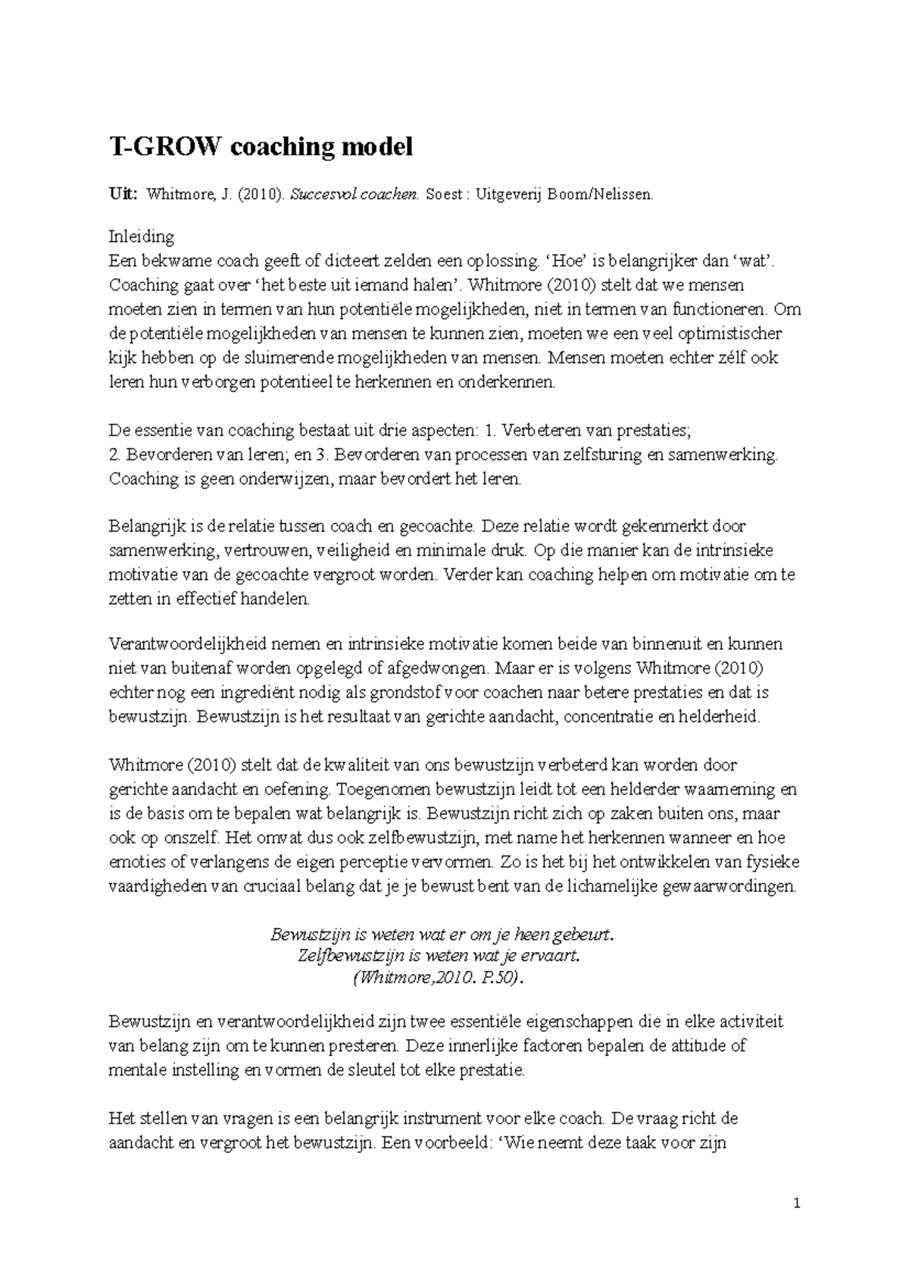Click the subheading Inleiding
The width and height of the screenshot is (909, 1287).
pos(142,236)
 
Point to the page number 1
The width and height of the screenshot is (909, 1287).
pos(797,1204)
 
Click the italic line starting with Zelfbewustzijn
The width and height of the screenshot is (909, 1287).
pos(440,956)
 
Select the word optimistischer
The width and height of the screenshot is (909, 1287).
pos(725,333)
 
